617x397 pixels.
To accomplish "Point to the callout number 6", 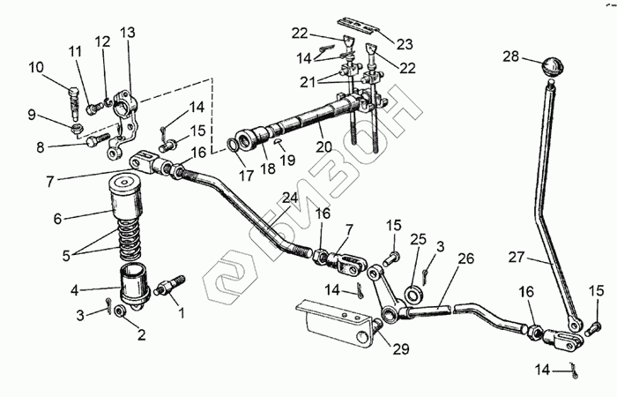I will point(57,217).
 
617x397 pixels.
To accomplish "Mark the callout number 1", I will point(182,311).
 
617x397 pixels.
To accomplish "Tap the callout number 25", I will point(418,239).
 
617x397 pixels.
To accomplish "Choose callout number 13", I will point(129,33).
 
